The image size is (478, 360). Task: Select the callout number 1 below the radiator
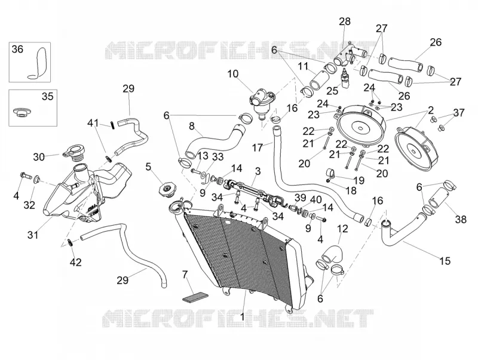[x=243, y=317]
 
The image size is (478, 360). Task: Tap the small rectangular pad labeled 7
[x=195, y=297]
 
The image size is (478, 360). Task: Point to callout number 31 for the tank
[x=33, y=235]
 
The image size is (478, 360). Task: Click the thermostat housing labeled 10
[x=261, y=102]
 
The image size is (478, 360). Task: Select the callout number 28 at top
[x=345, y=21]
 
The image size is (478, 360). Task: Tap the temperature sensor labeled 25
[x=345, y=78]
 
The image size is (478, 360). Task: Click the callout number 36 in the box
[x=17, y=49]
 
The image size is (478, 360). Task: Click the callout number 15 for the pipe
[x=445, y=261]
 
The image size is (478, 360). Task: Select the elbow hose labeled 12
[x=333, y=254]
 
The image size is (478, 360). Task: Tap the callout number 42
[x=76, y=262]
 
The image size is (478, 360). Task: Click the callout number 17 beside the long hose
[x=258, y=147]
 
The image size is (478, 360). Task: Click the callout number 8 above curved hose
[x=191, y=126]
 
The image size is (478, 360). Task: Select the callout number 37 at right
[x=458, y=112]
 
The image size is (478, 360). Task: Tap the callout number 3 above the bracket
[x=258, y=171]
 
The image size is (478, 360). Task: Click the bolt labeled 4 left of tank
[x=25, y=176]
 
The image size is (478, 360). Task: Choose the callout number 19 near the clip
[x=359, y=180]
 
